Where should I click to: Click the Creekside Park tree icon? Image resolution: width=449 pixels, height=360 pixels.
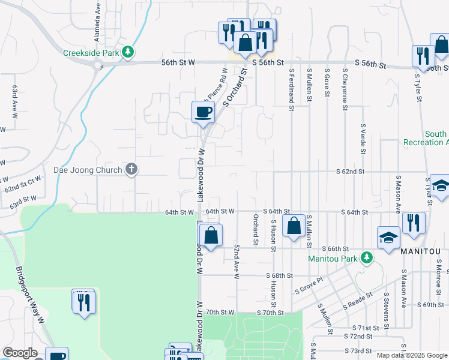tap(127, 53)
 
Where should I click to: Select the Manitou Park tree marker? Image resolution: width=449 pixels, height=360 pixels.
tap(365, 259)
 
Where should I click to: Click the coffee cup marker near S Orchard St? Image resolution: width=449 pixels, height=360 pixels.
tap(203, 112)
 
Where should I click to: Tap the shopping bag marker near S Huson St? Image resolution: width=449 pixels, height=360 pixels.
tap(294, 227)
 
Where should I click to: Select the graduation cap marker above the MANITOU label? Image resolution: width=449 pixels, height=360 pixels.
tap(388, 238)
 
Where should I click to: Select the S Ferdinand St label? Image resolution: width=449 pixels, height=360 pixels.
tap(291, 90)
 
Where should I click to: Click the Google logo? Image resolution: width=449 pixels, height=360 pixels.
tap(20, 353)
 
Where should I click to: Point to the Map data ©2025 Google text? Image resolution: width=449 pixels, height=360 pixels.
tap(412, 355)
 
